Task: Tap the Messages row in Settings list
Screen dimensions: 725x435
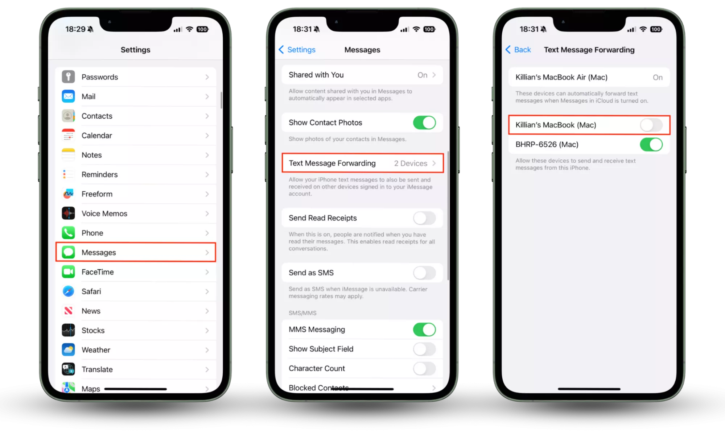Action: click(x=136, y=252)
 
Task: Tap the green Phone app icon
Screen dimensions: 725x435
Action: click(x=68, y=233)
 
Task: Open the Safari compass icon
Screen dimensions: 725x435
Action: click(x=68, y=291)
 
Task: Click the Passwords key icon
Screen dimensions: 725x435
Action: click(x=68, y=77)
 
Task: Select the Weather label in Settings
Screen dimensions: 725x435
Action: click(x=96, y=350)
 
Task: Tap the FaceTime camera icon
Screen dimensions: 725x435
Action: click(x=68, y=272)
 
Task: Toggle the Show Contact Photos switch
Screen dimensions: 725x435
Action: click(x=424, y=123)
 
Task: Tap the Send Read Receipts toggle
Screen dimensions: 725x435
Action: click(x=424, y=218)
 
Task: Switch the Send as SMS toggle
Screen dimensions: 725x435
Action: click(x=424, y=273)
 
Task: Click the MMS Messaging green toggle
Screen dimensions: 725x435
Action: click(x=424, y=330)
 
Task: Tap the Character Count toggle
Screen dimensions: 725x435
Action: click(x=424, y=368)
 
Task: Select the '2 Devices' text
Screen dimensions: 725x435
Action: click(x=411, y=163)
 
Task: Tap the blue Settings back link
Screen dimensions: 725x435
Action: click(x=297, y=50)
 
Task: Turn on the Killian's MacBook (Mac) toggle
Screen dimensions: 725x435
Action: click(x=651, y=125)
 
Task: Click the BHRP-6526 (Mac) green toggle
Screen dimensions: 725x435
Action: click(x=651, y=144)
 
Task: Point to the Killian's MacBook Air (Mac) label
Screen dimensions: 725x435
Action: click(x=561, y=77)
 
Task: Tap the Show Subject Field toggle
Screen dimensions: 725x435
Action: click(x=424, y=349)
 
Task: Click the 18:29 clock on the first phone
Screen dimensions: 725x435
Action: click(x=75, y=29)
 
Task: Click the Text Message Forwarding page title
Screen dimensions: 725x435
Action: click(x=589, y=50)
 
